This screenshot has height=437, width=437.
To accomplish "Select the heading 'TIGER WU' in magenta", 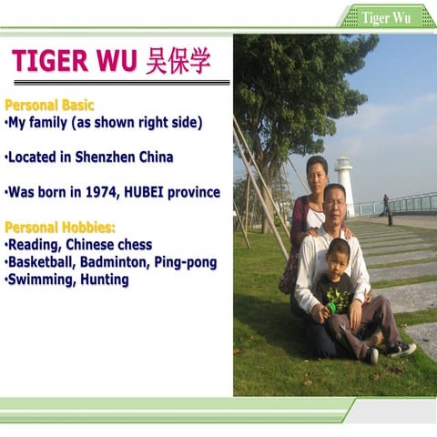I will coord(76,61).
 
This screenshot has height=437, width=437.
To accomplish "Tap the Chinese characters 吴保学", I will coord(178,61).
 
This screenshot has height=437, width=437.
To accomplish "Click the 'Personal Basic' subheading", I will coord(49,106).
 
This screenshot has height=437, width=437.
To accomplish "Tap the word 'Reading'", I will coord(36,245).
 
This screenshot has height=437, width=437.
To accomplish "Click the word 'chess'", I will coord(134,245).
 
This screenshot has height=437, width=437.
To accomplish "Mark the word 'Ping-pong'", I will coord(187,262).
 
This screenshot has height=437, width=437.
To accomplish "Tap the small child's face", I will coord(339,257).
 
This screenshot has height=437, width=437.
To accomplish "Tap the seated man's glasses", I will coord(335,200).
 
